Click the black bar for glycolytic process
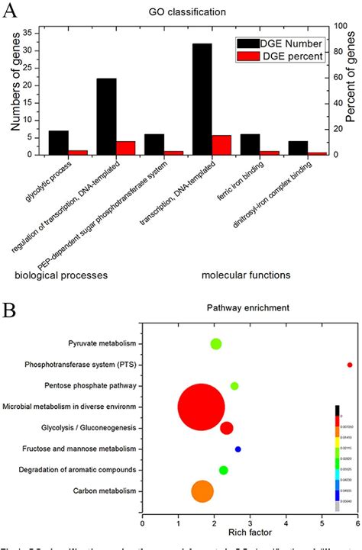coord(59,143)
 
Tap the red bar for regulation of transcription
coord(125,148)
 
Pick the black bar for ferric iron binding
coord(251,144)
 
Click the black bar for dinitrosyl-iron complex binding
coord(298,148)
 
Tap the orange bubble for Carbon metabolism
coord(202,491)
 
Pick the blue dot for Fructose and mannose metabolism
coord(238,449)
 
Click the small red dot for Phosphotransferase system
coord(350,365)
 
